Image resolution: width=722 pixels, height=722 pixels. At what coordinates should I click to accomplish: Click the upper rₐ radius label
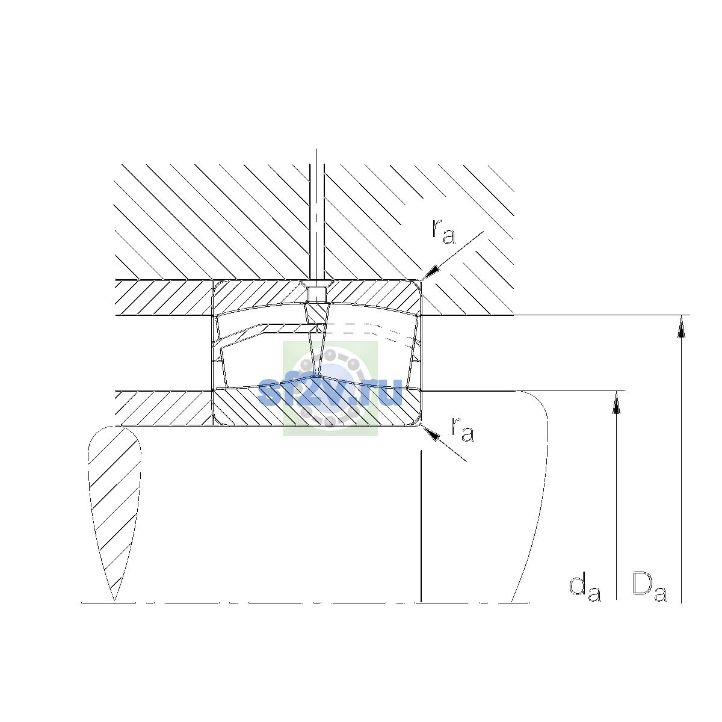444,232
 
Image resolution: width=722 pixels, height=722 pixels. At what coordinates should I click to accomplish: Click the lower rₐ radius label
463,429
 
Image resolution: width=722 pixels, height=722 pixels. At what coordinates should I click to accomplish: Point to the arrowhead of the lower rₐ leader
430,433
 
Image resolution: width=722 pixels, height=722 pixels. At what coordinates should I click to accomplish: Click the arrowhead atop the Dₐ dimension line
682,326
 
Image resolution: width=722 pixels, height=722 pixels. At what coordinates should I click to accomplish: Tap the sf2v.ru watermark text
330,392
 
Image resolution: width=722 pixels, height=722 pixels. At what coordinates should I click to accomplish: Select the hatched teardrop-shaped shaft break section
115,509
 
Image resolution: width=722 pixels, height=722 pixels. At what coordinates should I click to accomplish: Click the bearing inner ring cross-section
316,407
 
